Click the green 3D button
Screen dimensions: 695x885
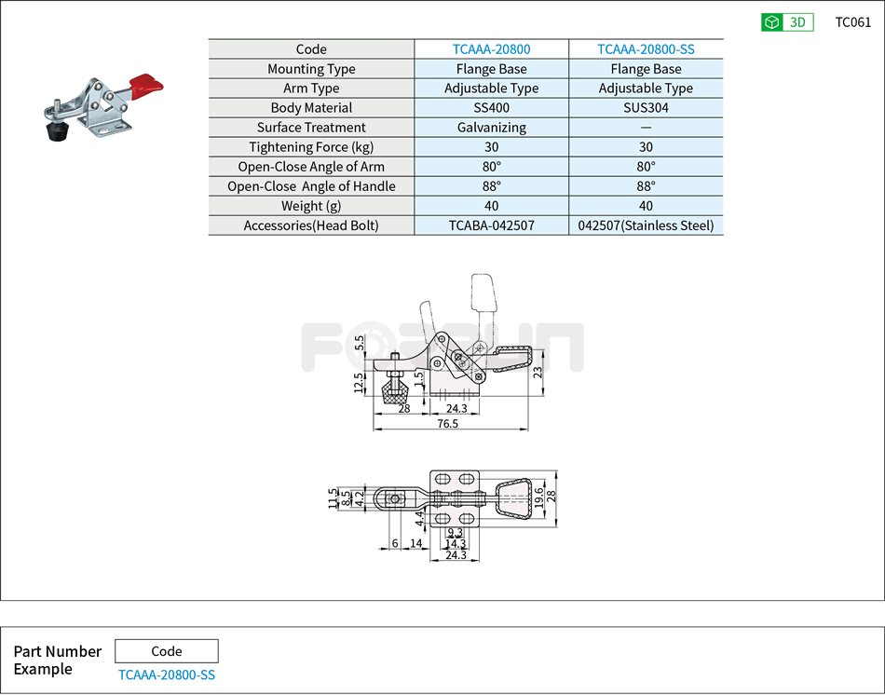click(x=787, y=22)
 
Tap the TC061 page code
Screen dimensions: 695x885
click(x=852, y=22)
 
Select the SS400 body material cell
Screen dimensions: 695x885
click(x=491, y=108)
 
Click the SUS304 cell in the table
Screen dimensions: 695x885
click(x=646, y=108)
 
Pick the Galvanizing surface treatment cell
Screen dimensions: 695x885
click(x=491, y=128)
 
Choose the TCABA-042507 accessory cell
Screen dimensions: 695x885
click(x=491, y=225)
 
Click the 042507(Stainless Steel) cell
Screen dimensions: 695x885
click(x=646, y=225)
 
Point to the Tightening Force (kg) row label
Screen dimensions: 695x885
click(x=311, y=147)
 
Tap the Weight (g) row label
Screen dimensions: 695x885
click(x=311, y=206)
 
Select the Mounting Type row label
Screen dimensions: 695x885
click(x=311, y=69)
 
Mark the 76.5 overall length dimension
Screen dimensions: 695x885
click(x=448, y=424)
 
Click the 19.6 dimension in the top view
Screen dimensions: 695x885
click(x=538, y=501)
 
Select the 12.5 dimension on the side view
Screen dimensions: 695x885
click(x=359, y=383)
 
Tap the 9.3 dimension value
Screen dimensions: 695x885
click(x=455, y=533)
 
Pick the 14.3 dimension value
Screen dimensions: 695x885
click(x=455, y=543)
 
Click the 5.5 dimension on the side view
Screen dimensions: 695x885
click(x=360, y=343)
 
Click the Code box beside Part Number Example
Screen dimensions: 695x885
click(x=166, y=651)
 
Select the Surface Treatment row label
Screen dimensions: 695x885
click(x=311, y=128)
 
